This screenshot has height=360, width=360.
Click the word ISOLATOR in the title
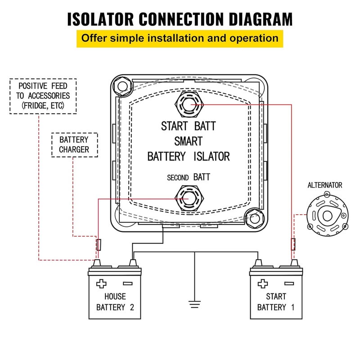100,19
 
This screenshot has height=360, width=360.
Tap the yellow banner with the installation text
180,39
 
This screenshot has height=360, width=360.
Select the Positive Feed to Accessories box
43,96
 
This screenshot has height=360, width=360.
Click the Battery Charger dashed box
74,145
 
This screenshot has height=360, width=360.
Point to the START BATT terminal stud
189,104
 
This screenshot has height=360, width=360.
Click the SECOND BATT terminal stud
189,198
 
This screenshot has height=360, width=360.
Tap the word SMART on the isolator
188,141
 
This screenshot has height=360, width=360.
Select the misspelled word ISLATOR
211,157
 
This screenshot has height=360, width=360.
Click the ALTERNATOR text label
324,185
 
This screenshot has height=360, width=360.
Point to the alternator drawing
328,215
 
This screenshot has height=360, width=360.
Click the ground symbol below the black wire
194,305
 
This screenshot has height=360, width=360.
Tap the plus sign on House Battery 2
101,283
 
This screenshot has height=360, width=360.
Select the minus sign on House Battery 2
128,283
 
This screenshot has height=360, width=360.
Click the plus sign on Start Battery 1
263,283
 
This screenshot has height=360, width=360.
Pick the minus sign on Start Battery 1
289,283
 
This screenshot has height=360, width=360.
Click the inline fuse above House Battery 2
99,245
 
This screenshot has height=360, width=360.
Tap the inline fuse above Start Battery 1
293,244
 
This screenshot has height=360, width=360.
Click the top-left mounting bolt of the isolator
122,86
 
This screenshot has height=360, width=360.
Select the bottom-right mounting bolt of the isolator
254,218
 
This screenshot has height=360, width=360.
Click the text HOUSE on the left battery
115,297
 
